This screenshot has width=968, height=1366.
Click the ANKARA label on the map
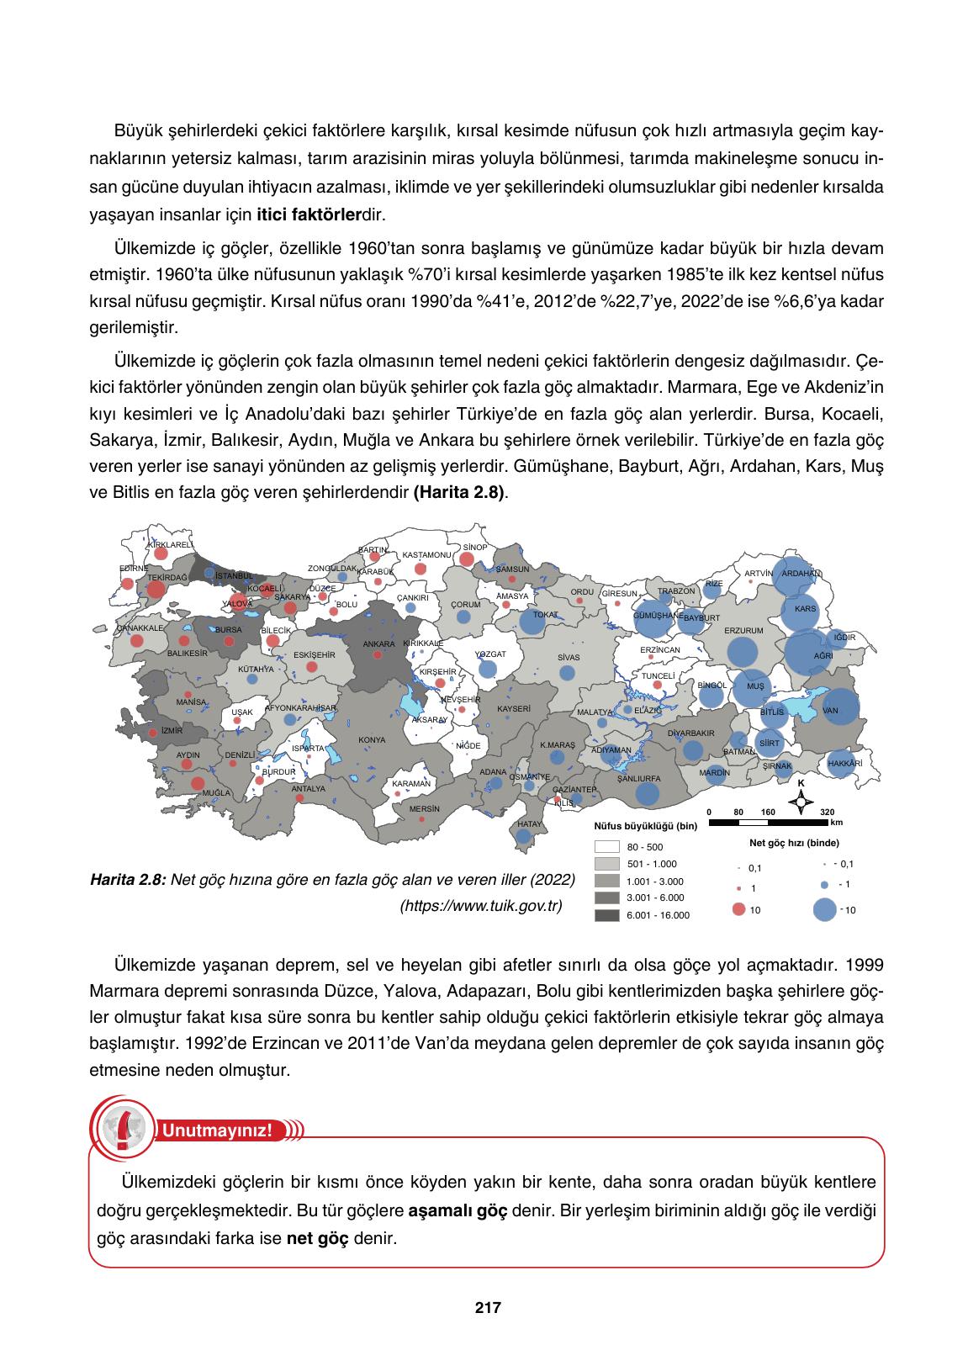coord(378,644)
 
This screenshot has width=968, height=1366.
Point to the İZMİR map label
coord(172,731)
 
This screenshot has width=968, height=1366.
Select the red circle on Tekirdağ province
coord(156,588)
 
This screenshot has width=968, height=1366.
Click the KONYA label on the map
coord(372,740)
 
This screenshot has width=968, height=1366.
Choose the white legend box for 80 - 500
coord(606,847)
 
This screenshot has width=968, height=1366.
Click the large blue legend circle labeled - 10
coord(825,909)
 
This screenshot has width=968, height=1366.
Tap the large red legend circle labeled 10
coord(739,909)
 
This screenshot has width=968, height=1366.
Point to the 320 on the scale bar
coord(827,812)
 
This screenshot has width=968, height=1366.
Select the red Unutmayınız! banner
coord(217,1130)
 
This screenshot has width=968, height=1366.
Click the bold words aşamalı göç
coord(458,1211)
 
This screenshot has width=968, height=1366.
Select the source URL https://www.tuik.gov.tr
coord(481,906)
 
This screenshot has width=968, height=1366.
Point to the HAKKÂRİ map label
coord(845,763)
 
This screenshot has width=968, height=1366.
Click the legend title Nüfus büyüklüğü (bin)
coord(645,827)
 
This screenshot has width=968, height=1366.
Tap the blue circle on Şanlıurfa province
coord(648,792)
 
